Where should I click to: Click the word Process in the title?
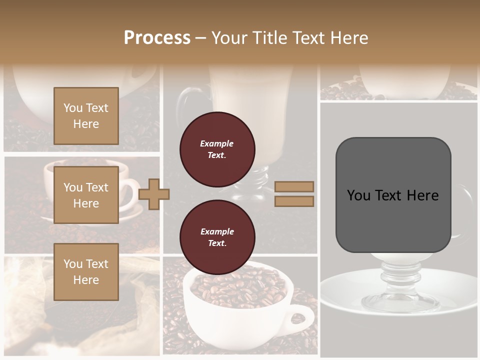click(157, 37)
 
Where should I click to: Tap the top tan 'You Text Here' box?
click(86, 116)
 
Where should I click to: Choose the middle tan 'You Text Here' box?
click(86, 195)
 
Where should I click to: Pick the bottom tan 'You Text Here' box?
click(86, 271)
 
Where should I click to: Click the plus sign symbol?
click(154, 194)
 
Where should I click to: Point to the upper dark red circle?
click(217, 149)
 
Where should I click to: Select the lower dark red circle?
click(217, 237)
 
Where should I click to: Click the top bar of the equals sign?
click(294, 186)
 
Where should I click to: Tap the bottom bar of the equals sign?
click(294, 201)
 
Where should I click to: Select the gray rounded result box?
click(393, 195)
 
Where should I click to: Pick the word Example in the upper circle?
click(216, 143)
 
